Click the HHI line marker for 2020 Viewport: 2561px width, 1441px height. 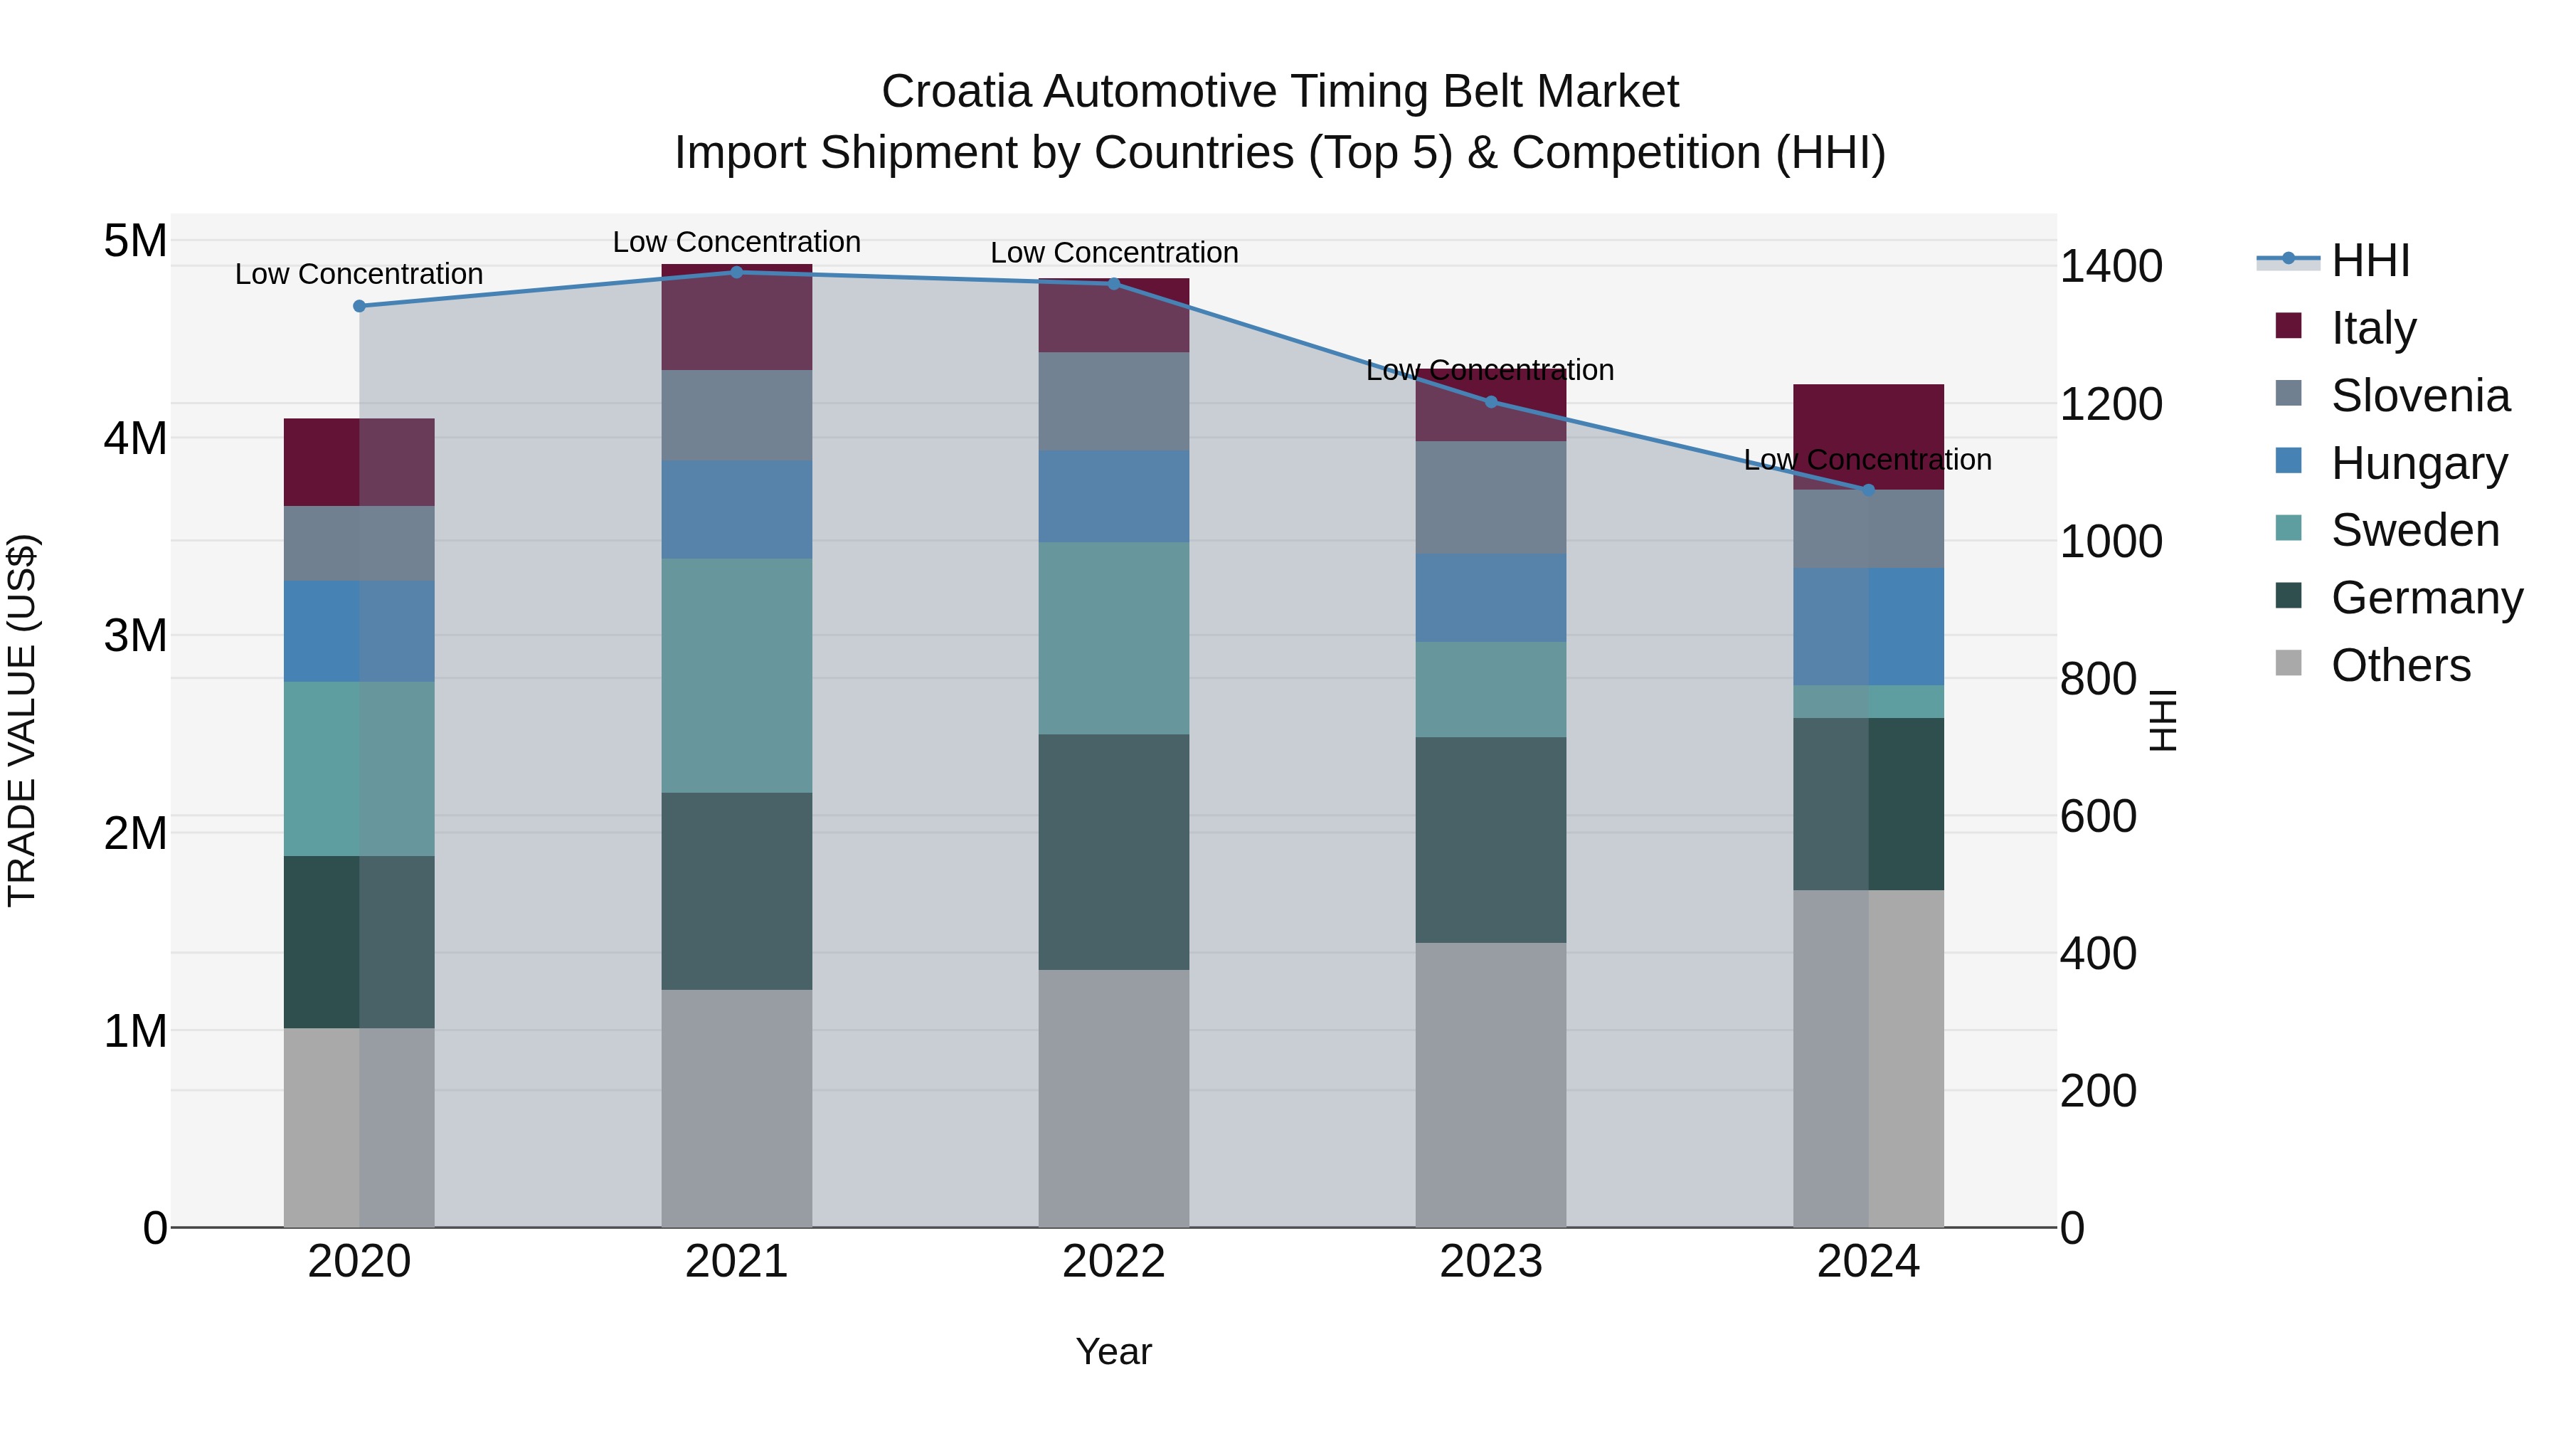click(x=359, y=306)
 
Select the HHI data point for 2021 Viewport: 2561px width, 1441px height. click(x=737, y=273)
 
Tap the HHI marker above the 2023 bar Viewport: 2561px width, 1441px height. click(x=1490, y=402)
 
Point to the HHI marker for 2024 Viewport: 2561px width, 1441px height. click(x=1867, y=490)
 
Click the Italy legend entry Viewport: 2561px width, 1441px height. click(x=2373, y=328)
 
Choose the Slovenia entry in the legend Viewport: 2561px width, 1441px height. click(x=2420, y=396)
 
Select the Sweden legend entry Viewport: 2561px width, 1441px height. click(x=2415, y=530)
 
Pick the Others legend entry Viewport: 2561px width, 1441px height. click(x=2400, y=665)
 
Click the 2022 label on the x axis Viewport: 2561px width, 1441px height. click(x=1113, y=1262)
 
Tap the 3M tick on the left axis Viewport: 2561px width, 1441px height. click(x=135, y=635)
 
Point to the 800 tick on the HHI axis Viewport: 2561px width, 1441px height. click(x=2098, y=680)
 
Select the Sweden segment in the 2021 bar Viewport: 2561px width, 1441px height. click(x=737, y=675)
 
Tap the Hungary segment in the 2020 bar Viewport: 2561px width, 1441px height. click(x=359, y=631)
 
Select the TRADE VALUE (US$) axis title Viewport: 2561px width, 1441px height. click(x=23, y=720)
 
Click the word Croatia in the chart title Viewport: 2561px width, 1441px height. click(x=955, y=93)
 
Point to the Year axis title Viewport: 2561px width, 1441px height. click(x=1113, y=1351)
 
